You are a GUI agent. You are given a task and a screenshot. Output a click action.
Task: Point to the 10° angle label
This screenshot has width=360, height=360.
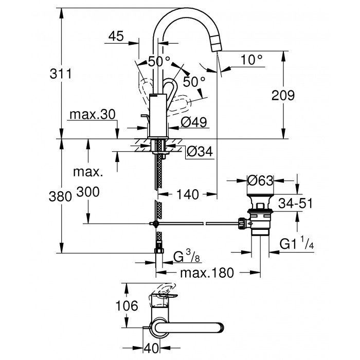click(251, 60)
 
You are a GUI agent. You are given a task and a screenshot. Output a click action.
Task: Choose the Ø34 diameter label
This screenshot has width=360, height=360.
click(199, 151)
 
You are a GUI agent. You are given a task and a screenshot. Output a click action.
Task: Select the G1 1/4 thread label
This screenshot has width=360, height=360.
click(296, 243)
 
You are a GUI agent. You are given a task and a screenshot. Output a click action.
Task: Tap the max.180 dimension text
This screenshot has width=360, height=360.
click(203, 272)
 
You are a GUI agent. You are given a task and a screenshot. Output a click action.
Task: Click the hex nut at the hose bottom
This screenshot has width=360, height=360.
click(158, 252)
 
